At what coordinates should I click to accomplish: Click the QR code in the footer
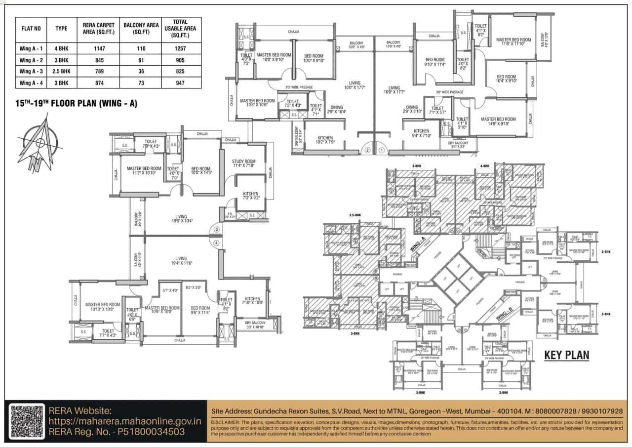28,421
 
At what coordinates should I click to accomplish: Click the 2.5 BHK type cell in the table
61,71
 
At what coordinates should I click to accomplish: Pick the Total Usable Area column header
180,29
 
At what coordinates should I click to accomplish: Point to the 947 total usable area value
180,83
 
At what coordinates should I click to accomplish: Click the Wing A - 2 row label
31,60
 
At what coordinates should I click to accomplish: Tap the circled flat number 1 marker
381,150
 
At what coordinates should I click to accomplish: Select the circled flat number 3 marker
216,230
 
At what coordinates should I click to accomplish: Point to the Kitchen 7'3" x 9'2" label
250,196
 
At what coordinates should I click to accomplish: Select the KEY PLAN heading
566,356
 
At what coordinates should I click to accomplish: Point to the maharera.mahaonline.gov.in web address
125,421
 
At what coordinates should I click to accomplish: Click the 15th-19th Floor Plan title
77,104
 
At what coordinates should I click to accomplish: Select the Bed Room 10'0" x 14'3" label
201,170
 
